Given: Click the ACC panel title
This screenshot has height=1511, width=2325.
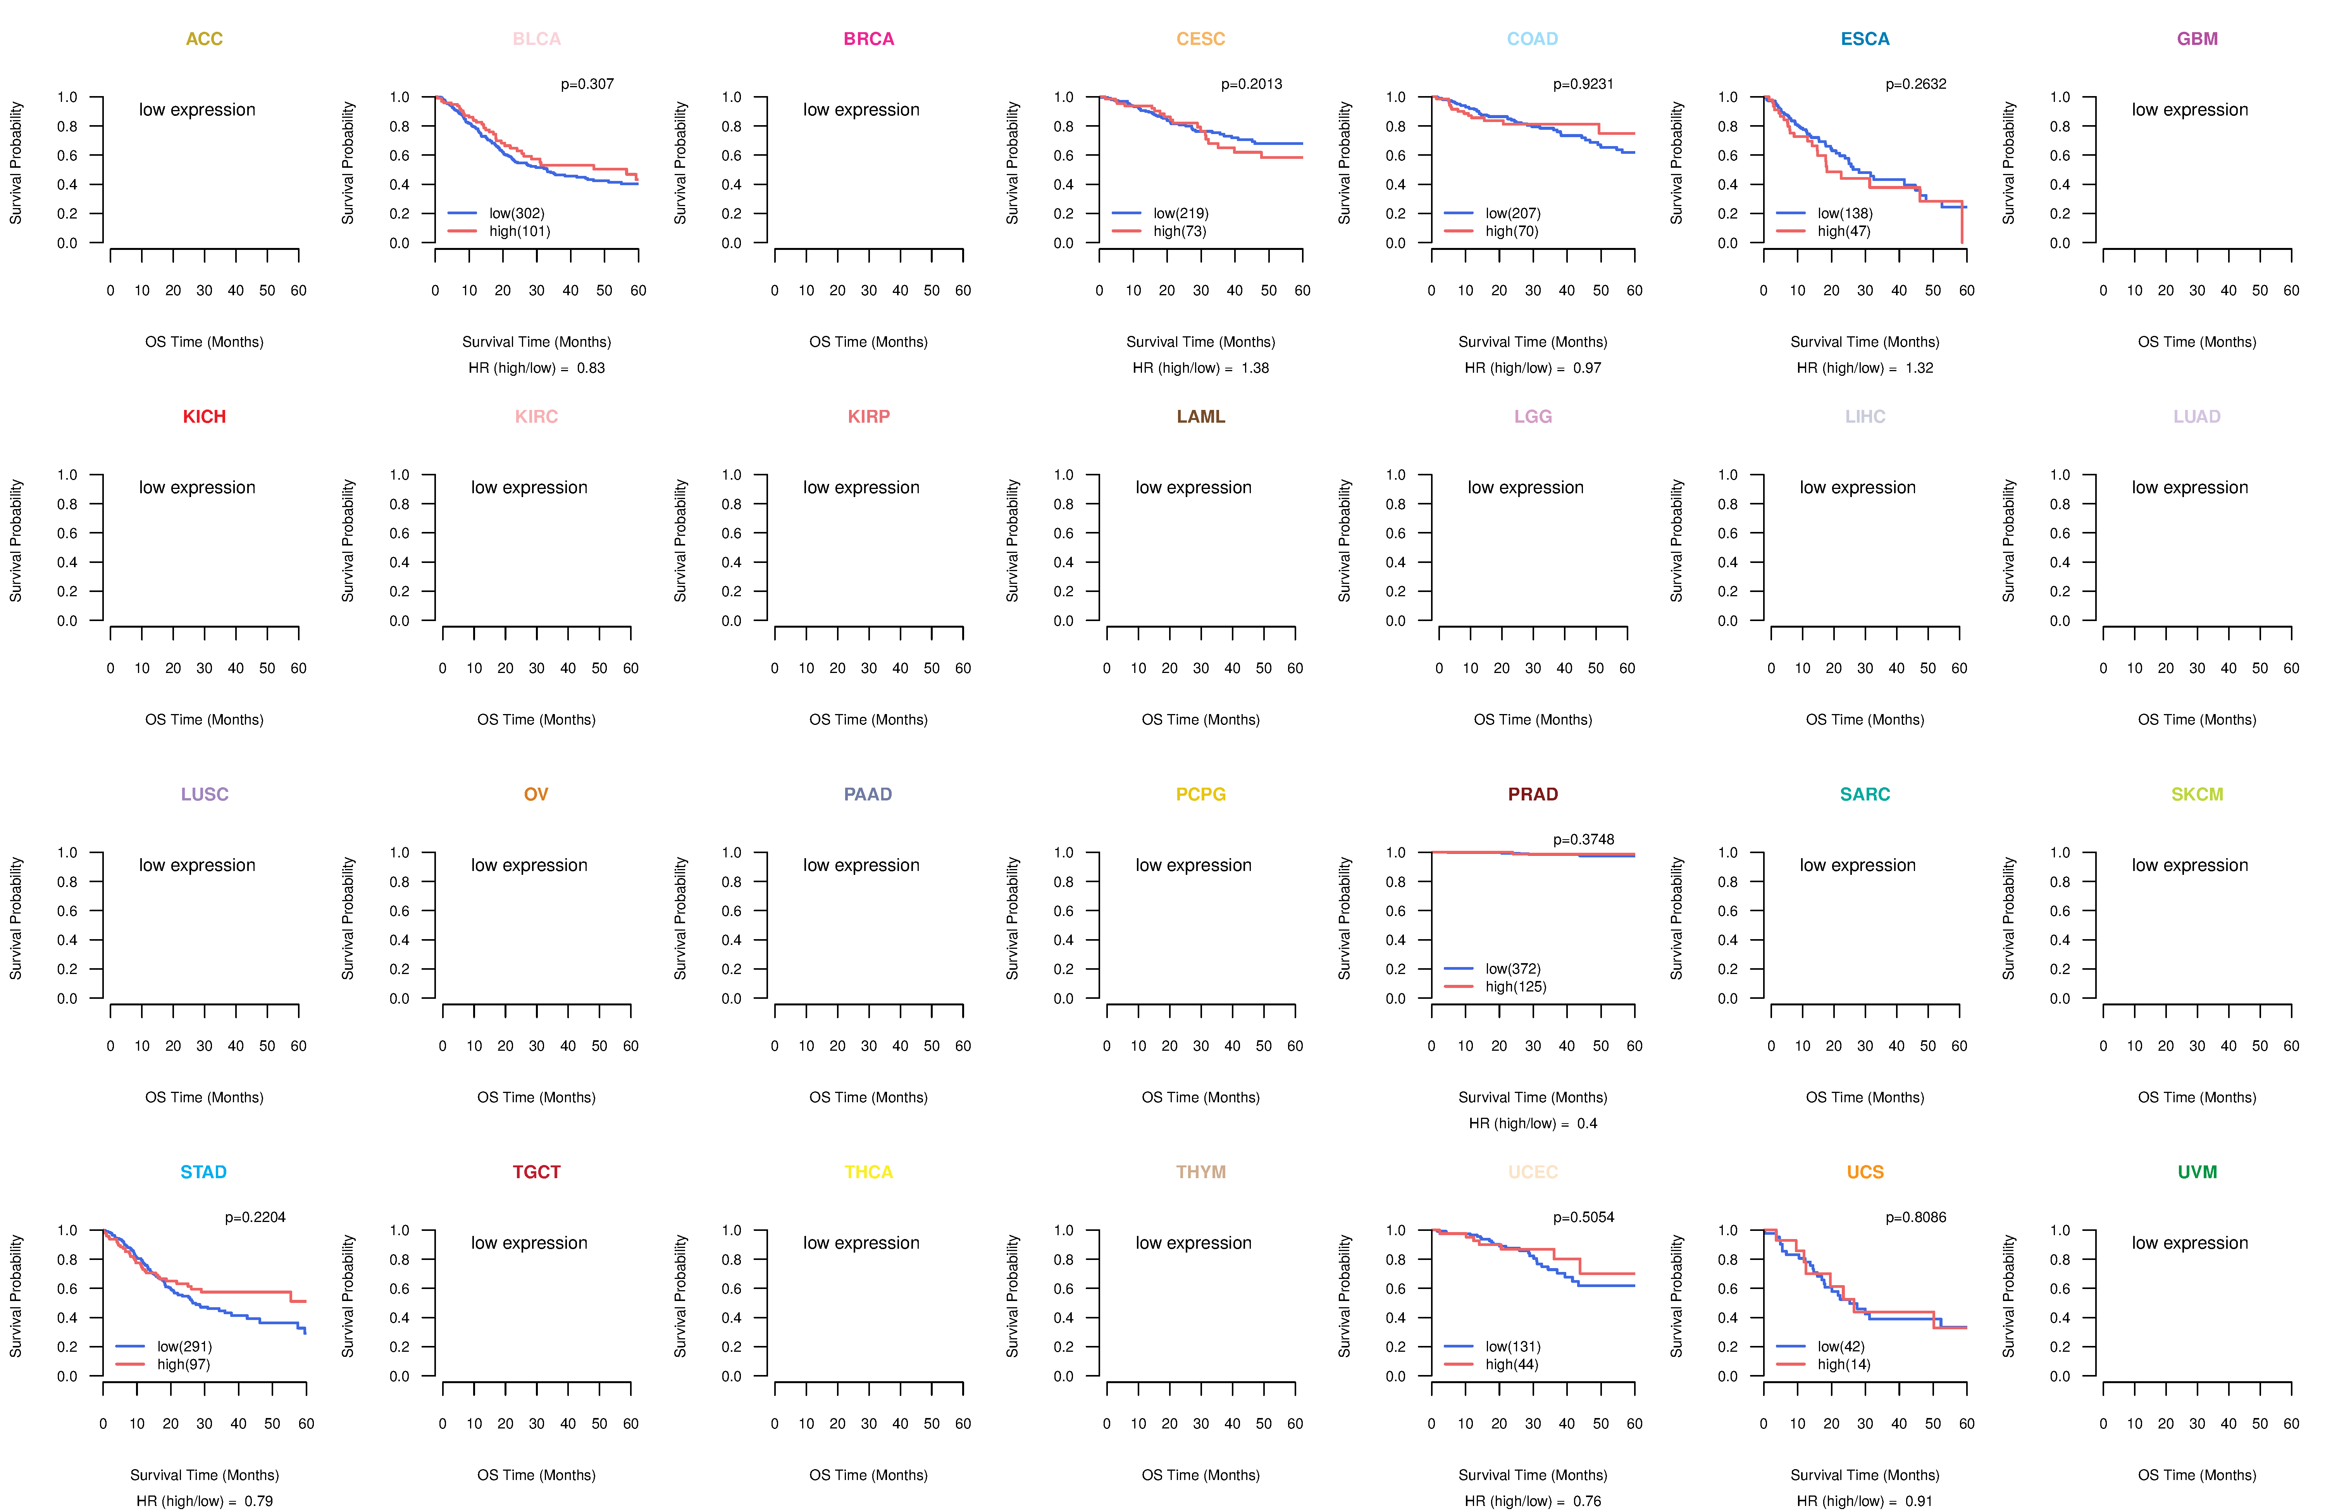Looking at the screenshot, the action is point(204,39).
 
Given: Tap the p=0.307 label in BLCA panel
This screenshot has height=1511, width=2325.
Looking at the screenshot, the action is point(587,84).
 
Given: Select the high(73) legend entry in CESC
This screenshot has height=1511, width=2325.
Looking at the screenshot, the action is point(1179,231).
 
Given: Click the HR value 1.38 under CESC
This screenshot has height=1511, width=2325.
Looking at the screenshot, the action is point(1255,368).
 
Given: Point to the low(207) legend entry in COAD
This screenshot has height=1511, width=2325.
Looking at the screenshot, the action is point(1512,213).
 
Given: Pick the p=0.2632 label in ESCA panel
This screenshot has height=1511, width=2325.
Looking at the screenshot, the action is point(1916,84).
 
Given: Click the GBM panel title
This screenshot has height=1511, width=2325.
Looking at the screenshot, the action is point(2197,39).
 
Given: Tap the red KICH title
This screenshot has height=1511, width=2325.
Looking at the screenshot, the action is point(204,417).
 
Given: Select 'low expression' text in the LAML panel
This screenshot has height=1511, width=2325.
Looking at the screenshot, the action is point(1193,487).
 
